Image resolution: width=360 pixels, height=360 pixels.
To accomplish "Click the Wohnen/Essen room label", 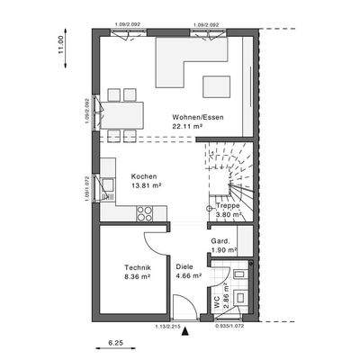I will (199, 117).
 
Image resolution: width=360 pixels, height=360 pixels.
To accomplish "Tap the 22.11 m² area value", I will (187, 127).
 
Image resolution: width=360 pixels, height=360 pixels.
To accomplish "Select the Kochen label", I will (144, 176).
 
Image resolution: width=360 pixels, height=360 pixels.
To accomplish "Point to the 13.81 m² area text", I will (145, 185).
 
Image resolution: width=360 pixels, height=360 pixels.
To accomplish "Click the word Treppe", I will (227, 206).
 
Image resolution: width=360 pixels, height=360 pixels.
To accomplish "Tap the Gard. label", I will (220, 240).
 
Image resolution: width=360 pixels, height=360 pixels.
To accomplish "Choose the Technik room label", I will (137, 268).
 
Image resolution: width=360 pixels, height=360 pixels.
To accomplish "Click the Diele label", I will (184, 266).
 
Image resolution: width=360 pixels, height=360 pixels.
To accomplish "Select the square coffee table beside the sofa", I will (217, 86).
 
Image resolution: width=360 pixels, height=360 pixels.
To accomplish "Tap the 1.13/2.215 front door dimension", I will (168, 326).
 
